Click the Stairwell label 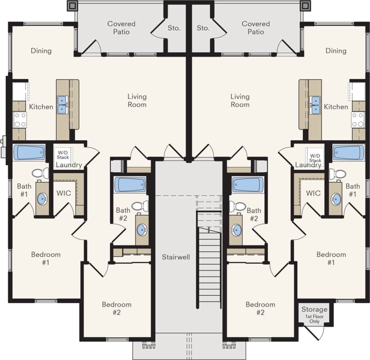click(x=176, y=257)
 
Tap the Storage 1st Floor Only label click(x=314, y=315)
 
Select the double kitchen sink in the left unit click(x=62, y=105)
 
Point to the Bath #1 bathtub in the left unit click(x=29, y=153)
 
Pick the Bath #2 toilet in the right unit click(x=237, y=206)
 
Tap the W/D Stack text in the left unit click(x=63, y=155)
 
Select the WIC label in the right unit click(x=313, y=193)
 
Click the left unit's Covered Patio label click(x=121, y=28)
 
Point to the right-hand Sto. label click(x=203, y=28)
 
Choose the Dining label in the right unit click(x=336, y=51)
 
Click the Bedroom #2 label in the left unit click(x=117, y=308)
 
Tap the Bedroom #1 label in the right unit click(x=331, y=258)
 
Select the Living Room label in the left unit click(x=137, y=100)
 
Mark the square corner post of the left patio click(x=72, y=5)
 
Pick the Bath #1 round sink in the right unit click(x=336, y=199)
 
